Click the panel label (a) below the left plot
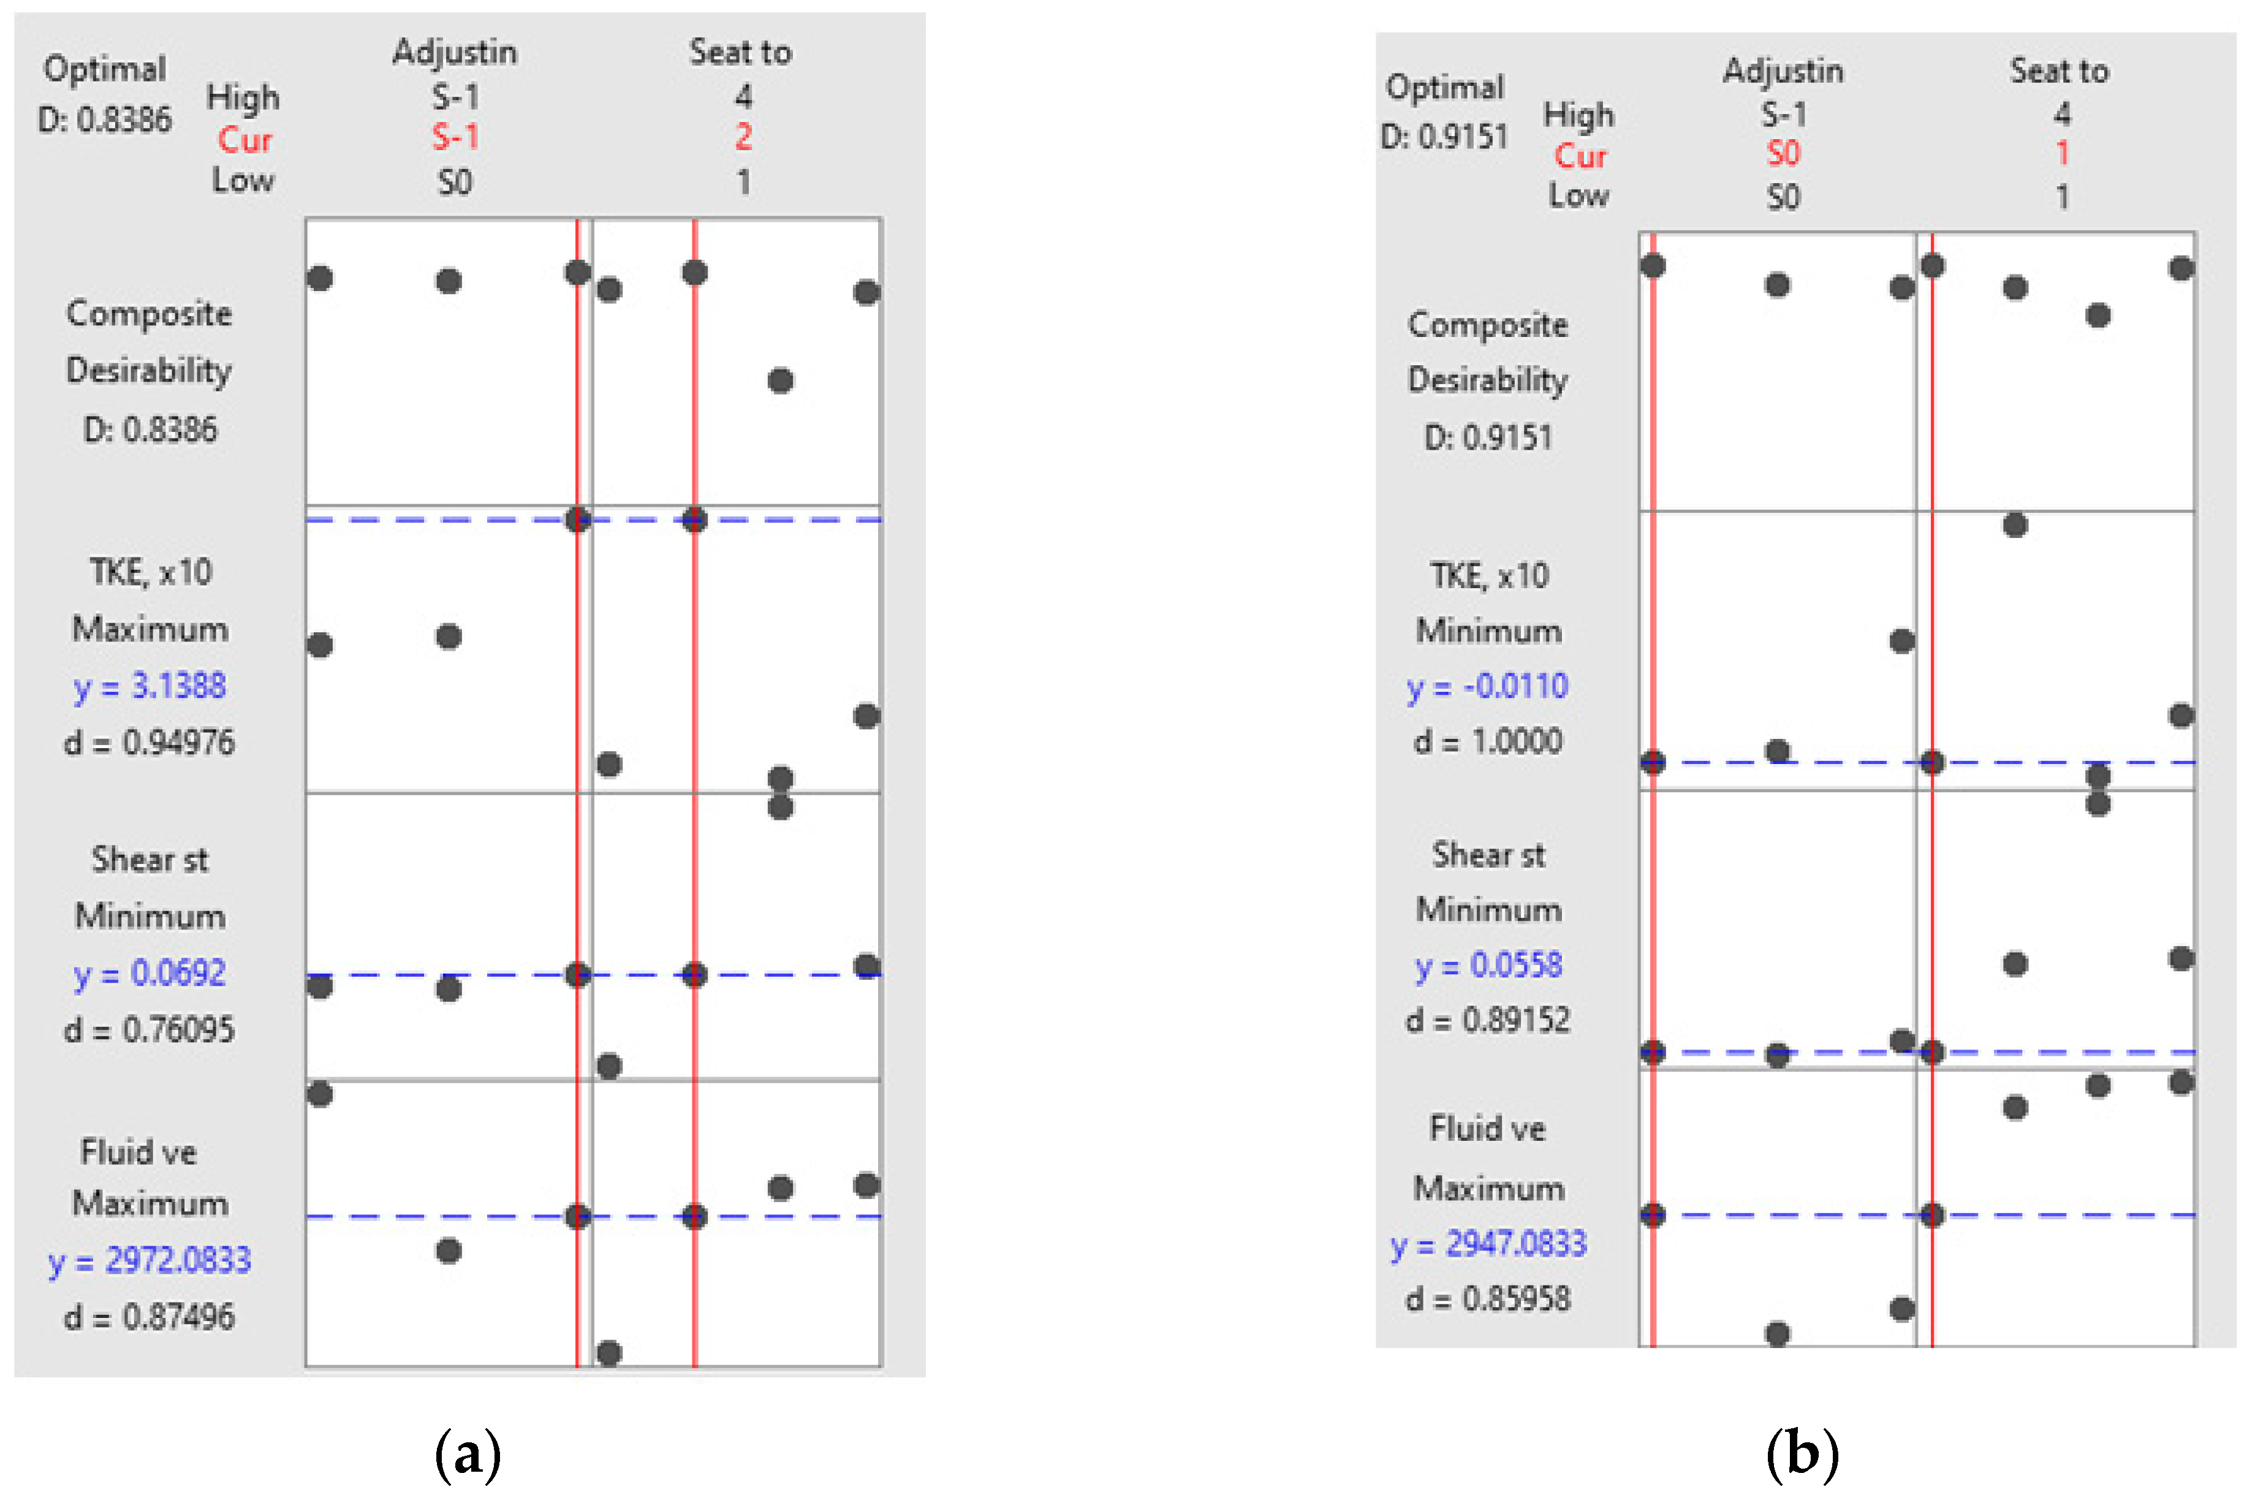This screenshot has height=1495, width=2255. pyautogui.click(x=467, y=1454)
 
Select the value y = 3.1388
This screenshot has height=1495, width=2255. pyautogui.click(x=150, y=686)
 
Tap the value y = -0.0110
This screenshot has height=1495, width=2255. pyautogui.click(x=1487, y=686)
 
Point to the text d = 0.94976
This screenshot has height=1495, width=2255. pyautogui.click(x=149, y=742)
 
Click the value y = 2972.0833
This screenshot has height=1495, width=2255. pyautogui.click(x=150, y=1260)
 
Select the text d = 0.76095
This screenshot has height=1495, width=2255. pyautogui.click(x=149, y=1030)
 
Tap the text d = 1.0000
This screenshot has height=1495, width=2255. pyautogui.click(x=1487, y=741)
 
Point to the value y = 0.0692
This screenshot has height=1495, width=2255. pyautogui.click(x=150, y=972)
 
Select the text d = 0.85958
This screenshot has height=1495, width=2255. pyautogui.click(x=1487, y=1298)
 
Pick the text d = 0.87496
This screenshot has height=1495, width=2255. pyautogui.click(x=149, y=1317)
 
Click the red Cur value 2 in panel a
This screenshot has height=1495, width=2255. pyautogui.click(x=743, y=137)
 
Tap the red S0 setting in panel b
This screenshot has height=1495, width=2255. pyautogui.click(x=1783, y=154)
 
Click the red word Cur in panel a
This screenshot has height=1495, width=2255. pyautogui.click(x=244, y=140)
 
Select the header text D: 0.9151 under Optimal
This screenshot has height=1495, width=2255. pyautogui.click(x=1444, y=137)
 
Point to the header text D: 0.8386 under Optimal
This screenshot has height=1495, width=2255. pyautogui.click(x=105, y=120)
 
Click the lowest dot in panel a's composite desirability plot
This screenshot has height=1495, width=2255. pyautogui.click(x=780, y=381)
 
